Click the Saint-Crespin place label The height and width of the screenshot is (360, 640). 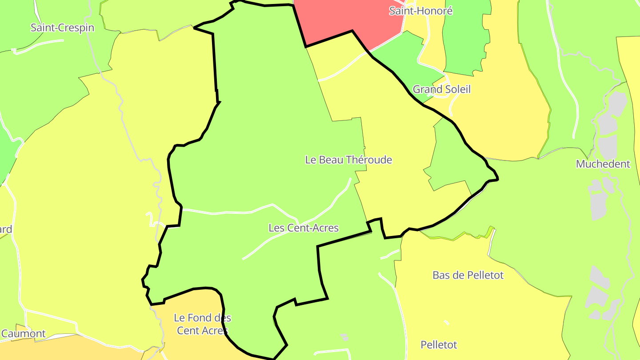(62, 28)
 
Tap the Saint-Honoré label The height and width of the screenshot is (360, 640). (420, 11)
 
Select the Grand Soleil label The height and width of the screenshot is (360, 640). (441, 89)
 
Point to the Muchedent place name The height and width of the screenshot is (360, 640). (603, 164)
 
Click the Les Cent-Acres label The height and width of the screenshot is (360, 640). (304, 228)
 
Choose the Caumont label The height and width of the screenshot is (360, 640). (24, 334)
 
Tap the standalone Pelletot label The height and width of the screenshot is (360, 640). (439, 345)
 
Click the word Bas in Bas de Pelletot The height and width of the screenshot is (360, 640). (441, 275)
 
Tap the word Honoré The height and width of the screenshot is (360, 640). (436, 11)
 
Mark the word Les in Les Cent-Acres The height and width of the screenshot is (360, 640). (276, 228)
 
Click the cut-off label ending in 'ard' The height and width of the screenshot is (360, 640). (5, 230)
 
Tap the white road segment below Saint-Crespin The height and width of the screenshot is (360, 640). (40, 44)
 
